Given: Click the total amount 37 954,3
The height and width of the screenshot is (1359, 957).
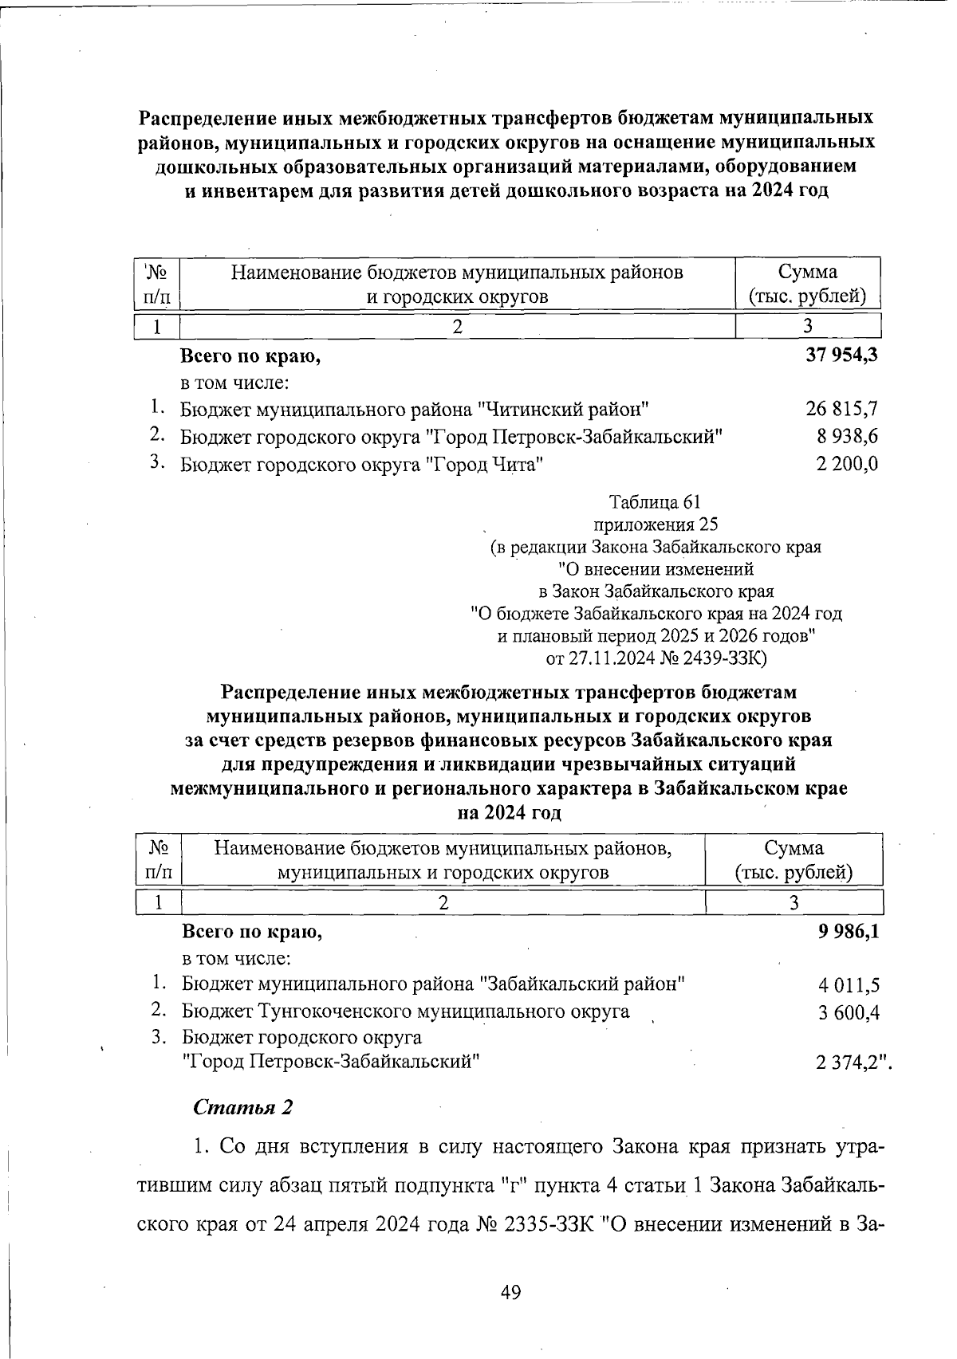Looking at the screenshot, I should [x=841, y=355].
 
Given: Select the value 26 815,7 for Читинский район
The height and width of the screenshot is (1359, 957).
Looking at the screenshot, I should [x=841, y=410].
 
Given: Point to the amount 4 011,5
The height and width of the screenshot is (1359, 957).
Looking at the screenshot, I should [x=849, y=985].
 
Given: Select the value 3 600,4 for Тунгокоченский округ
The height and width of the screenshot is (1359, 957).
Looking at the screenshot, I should [x=849, y=1012].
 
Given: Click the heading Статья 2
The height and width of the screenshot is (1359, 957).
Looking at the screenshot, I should [x=243, y=1108].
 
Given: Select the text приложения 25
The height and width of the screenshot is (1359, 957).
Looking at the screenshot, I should [x=656, y=524].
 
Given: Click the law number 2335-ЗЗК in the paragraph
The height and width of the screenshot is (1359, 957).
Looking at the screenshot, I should [x=545, y=1223].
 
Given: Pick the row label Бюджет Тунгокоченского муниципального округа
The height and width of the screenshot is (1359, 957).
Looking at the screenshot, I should [x=405, y=1011].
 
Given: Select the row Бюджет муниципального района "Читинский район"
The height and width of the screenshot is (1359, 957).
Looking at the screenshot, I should [x=414, y=410].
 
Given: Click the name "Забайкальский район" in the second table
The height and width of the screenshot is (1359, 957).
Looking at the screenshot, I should [x=581, y=984].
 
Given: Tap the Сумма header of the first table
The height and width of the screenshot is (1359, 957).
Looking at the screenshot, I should [x=807, y=284].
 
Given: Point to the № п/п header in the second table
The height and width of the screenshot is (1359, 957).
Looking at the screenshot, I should [x=159, y=859].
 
